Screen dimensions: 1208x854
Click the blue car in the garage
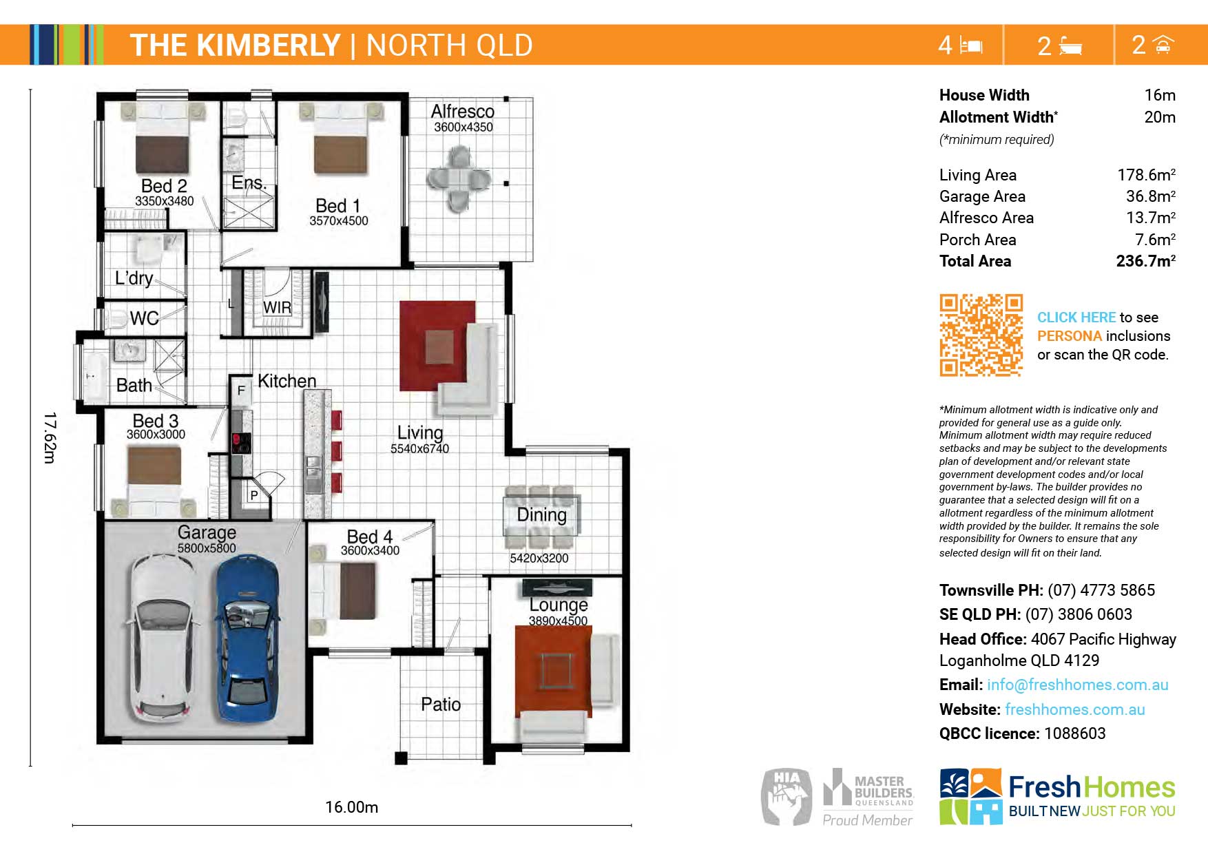[x=249, y=638]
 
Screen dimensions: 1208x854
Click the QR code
[x=981, y=335]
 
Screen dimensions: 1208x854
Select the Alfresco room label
[x=463, y=111]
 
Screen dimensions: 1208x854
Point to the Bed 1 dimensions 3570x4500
[x=339, y=221]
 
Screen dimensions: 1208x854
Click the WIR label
[x=277, y=307]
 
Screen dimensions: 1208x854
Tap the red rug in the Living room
[x=437, y=346]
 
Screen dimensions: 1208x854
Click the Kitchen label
[x=287, y=381]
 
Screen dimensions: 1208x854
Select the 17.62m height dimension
[x=49, y=438]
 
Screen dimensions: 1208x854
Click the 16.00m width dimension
[x=351, y=807]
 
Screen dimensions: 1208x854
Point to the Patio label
[x=441, y=705]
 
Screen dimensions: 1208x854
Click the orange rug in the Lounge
[x=553, y=671]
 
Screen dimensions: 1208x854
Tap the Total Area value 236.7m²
[x=1146, y=261]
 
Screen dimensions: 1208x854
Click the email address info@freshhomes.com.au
[x=1077, y=685]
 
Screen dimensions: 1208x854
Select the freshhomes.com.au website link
[x=1074, y=709]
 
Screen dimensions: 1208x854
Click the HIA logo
[x=787, y=797]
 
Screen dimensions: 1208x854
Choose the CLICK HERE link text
[x=1076, y=317]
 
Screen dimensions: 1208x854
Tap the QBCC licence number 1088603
[x=1074, y=733]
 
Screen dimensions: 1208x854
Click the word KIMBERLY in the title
[x=269, y=45]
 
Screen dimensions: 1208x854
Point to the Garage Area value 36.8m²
[x=1150, y=196]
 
